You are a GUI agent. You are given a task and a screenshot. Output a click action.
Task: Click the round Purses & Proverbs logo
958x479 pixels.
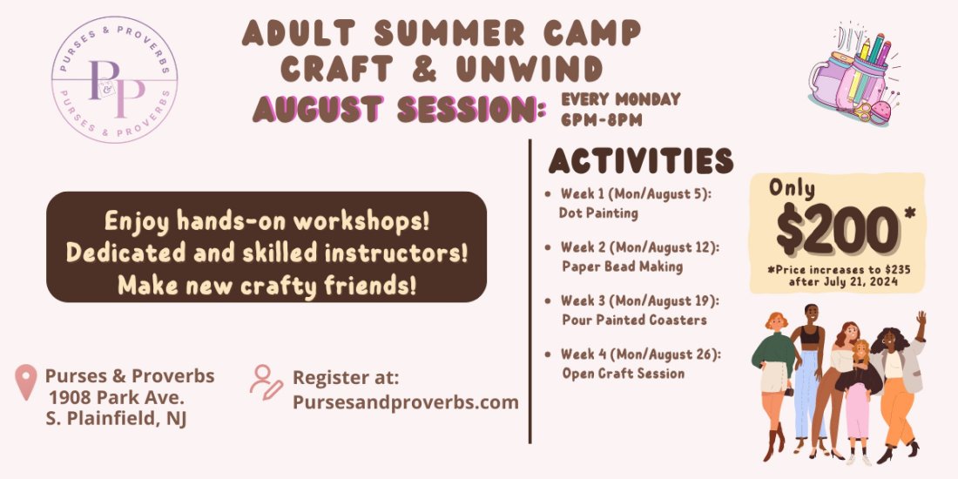pos(115,79)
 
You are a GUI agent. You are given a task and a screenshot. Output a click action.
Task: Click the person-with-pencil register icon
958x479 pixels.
pos(266,381)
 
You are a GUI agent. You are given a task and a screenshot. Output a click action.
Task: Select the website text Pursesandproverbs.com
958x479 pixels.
pos(405,401)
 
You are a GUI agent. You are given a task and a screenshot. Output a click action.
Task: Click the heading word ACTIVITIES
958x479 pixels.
pos(640,161)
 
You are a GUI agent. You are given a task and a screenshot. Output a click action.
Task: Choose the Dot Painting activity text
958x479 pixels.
pos(598,212)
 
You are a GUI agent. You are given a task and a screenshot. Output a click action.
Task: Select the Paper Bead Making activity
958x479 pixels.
pos(622,266)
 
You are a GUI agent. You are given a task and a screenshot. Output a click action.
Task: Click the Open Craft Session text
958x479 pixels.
pos(623,374)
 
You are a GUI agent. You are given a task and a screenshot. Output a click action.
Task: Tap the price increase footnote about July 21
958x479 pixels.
pos(838,276)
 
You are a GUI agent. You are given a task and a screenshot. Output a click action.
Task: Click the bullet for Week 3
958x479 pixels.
pos(547,300)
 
